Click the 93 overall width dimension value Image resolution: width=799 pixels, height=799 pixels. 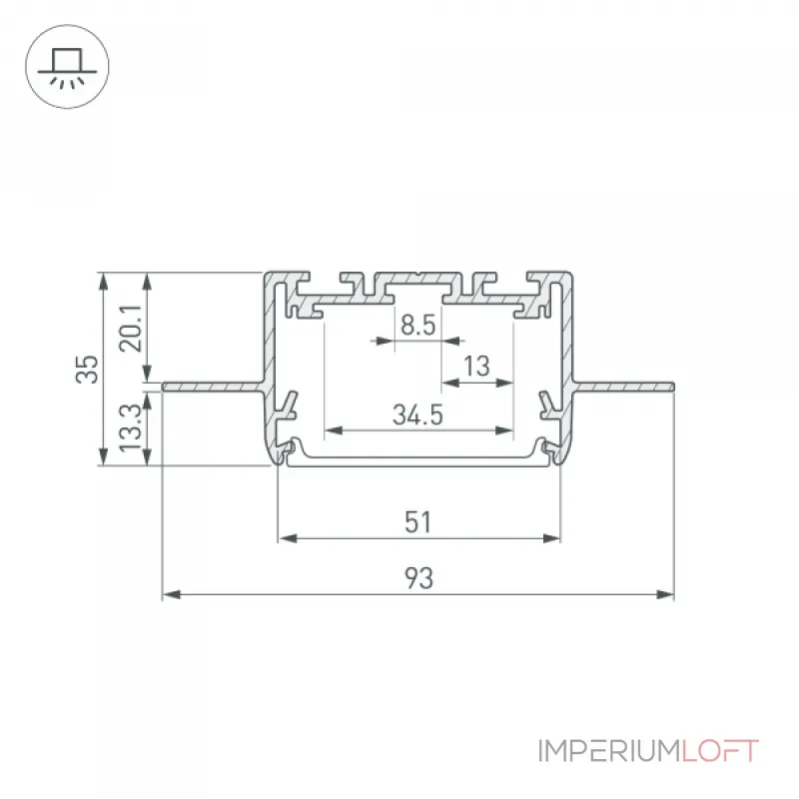pyautogui.click(x=418, y=578)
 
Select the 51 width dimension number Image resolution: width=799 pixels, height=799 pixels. pyautogui.click(x=417, y=521)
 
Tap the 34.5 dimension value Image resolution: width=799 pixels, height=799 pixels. pyautogui.click(x=417, y=414)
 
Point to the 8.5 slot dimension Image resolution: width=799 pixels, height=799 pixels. pyautogui.click(x=417, y=326)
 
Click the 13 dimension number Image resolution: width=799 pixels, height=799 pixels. pyautogui.click(x=476, y=366)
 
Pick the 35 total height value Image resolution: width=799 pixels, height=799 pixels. pyautogui.click(x=87, y=369)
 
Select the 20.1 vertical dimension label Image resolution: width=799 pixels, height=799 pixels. pyautogui.click(x=131, y=329)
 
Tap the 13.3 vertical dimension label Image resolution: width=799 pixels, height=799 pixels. pyautogui.click(x=131, y=427)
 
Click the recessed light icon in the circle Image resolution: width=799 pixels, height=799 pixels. pyautogui.click(x=67, y=67)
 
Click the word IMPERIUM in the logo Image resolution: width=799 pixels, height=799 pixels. pyautogui.click(x=609, y=751)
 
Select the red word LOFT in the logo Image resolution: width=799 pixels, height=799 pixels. pyautogui.click(x=720, y=751)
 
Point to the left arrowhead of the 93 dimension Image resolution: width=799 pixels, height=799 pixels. pyautogui.click(x=171, y=594)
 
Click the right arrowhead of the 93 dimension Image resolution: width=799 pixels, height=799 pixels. pyautogui.click(x=665, y=594)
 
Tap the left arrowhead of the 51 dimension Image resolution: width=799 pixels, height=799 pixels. pyautogui.click(x=288, y=538)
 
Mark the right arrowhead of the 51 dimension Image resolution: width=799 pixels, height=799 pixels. pyautogui.click(x=551, y=538)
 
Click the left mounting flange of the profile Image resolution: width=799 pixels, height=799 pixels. pyautogui.click(x=213, y=387)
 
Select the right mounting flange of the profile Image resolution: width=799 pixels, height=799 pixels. pyautogui.click(x=623, y=387)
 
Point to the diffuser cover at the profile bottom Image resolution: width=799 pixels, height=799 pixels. pyautogui.click(x=418, y=461)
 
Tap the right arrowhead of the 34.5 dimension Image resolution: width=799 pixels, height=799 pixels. pyautogui.click(x=503, y=430)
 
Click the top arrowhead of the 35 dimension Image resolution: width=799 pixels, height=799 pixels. pyautogui.click(x=104, y=282)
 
